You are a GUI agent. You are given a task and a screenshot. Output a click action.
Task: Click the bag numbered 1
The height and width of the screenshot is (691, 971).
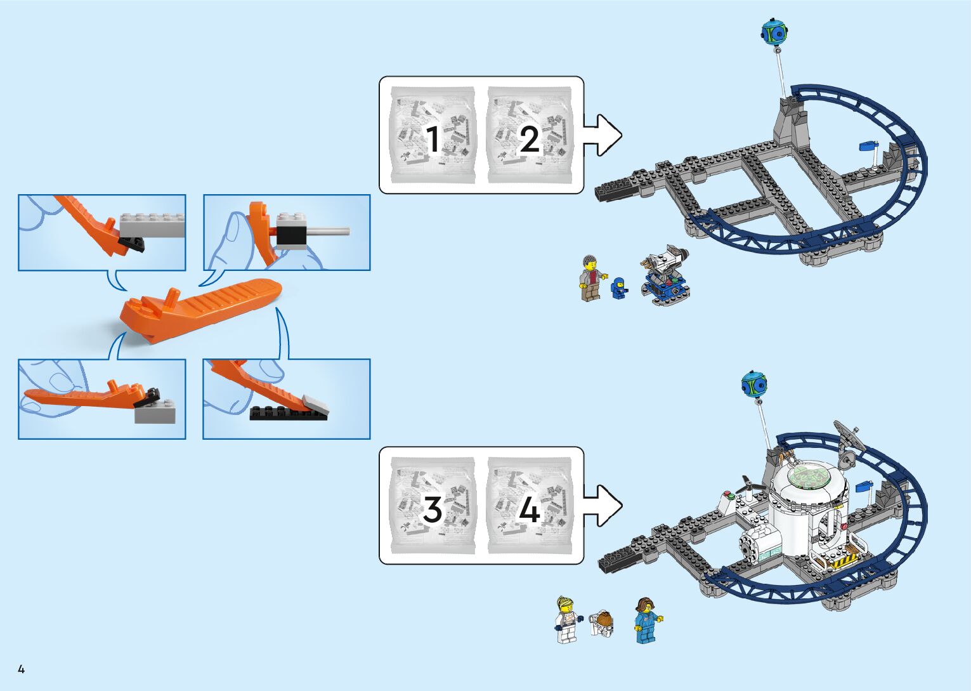[x=432, y=135]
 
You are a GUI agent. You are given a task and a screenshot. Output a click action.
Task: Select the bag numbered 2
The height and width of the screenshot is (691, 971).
[x=530, y=135]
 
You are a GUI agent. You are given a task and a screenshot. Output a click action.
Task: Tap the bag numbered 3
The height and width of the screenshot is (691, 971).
[x=432, y=506]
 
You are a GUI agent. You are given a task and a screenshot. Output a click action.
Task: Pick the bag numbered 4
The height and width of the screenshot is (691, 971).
[x=530, y=506]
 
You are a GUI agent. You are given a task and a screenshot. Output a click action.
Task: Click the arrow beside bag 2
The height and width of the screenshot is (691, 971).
[x=603, y=135]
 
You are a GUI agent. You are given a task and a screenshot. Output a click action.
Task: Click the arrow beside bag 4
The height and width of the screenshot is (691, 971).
[x=603, y=506]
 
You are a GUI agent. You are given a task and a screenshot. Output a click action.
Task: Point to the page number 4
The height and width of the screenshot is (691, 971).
[x=21, y=669]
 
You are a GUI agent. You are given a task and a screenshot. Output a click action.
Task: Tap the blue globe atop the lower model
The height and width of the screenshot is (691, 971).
[x=754, y=385]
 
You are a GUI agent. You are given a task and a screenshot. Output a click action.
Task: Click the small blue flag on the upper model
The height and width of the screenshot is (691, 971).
[x=867, y=147]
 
